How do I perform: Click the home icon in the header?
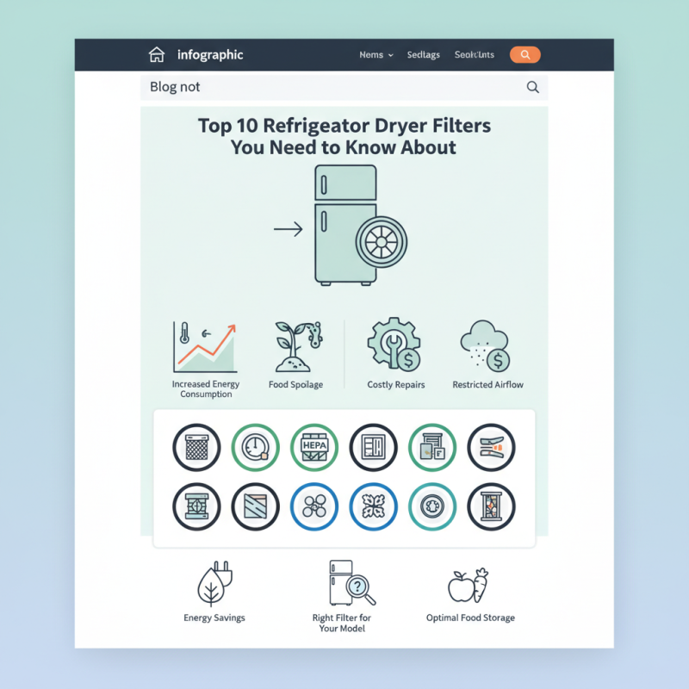click(156, 55)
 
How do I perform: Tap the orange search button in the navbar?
click(525, 55)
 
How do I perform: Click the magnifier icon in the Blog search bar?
click(532, 87)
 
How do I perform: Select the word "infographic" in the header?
click(210, 55)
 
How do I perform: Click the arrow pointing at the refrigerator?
click(288, 229)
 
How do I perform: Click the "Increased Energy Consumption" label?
click(206, 389)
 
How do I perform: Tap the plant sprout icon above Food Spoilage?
click(295, 346)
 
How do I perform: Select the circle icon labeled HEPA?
click(314, 447)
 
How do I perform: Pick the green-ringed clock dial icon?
click(256, 447)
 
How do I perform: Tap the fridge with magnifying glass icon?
click(350, 584)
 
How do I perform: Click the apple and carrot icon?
click(469, 586)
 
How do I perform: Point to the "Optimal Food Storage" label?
click(470, 618)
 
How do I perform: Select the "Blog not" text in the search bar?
click(175, 87)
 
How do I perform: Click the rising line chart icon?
click(206, 346)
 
